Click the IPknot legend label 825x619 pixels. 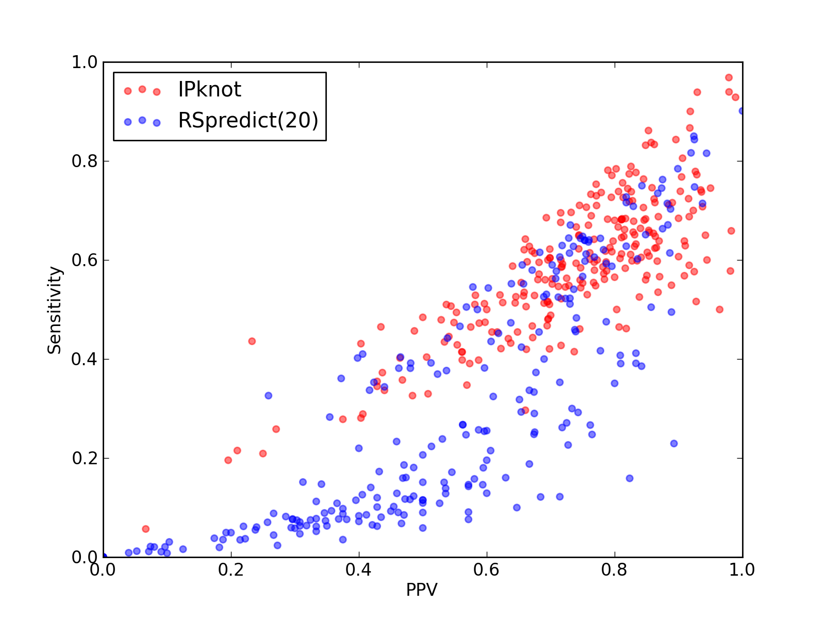[x=209, y=89]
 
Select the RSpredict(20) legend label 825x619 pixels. [x=248, y=120]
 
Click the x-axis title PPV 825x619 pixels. [x=422, y=590]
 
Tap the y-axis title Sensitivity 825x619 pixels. [x=55, y=310]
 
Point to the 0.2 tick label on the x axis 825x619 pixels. [x=231, y=570]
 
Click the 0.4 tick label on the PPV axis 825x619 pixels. [x=358, y=570]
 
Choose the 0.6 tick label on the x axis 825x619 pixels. [x=486, y=570]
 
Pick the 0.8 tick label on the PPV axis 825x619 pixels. [x=614, y=570]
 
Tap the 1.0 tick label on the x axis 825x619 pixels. [x=742, y=570]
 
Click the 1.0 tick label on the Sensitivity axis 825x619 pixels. [x=85, y=62]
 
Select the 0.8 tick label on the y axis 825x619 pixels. [x=85, y=161]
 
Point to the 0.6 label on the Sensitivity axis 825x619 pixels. [x=85, y=260]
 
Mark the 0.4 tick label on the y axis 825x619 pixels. [x=85, y=360]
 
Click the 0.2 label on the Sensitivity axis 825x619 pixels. [x=85, y=458]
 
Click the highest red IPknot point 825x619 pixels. [x=729, y=77]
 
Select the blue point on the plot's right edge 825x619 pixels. [x=741, y=111]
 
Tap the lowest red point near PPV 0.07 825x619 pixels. [x=146, y=529]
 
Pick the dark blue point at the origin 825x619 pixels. [x=104, y=557]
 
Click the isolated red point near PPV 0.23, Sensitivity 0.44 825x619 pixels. [x=252, y=341]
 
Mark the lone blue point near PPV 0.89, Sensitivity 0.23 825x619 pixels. [x=674, y=444]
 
